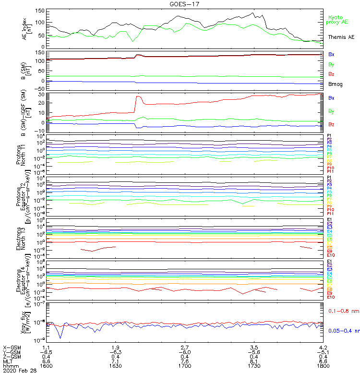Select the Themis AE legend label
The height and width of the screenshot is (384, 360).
coord(341,37)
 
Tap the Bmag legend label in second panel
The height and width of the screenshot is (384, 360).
coord(335,84)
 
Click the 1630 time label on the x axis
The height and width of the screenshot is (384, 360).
coord(115,365)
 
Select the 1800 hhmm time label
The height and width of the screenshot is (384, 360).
coord(323,365)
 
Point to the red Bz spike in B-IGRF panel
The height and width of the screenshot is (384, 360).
coord(138,97)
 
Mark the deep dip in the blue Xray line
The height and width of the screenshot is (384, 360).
coord(60,338)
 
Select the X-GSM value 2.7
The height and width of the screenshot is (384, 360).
coord(184,347)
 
